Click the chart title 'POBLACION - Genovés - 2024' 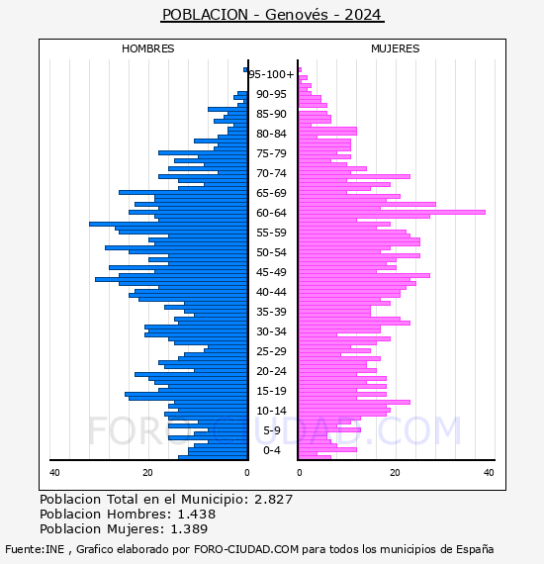coord(272,15)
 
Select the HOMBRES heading coord(147,48)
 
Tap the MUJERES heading coord(396,48)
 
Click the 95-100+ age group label coord(271,74)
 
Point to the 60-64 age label coord(271,213)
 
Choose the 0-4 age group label coord(271,450)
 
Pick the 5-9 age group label coord(271,430)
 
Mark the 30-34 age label coord(271,331)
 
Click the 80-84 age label coord(271,134)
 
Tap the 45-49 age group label coord(271,272)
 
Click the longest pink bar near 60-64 coord(392,212)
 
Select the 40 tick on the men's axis coord(54,472)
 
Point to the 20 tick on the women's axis coord(395,472)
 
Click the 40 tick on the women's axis coord(489,472)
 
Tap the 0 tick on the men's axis coord(246,472)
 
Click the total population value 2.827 coord(274,500)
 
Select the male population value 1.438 coord(196,514)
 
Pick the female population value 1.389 coord(189,528)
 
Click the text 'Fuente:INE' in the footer coord(35,549)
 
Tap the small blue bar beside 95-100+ coord(245,70)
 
